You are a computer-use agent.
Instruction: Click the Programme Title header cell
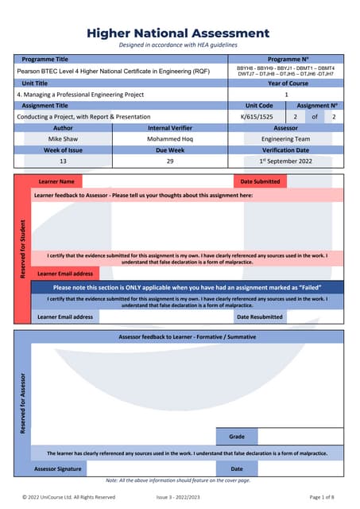click(x=45, y=60)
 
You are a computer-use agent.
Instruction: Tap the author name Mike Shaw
click(x=63, y=138)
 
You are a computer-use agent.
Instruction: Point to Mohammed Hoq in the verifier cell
click(x=169, y=138)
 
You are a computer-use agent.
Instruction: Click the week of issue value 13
click(x=63, y=161)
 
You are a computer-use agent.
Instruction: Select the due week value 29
click(x=169, y=161)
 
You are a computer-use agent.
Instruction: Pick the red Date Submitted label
click(x=260, y=181)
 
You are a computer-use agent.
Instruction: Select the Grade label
click(x=237, y=437)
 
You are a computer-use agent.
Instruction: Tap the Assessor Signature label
click(x=57, y=469)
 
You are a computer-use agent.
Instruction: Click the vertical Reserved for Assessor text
click(x=23, y=403)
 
